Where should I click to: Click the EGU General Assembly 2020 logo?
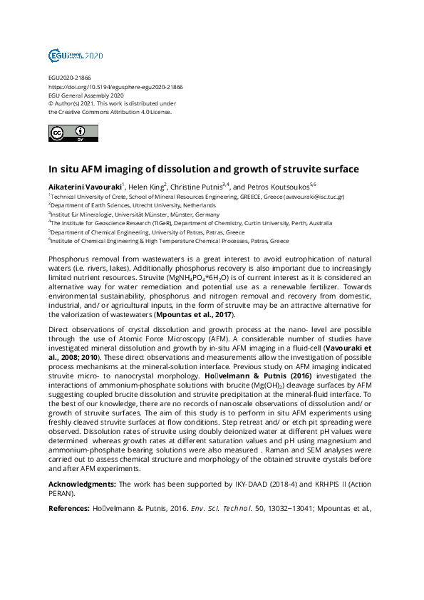(76, 55)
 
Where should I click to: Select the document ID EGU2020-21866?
(69, 78)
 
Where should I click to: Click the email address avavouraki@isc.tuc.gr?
(314, 196)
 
